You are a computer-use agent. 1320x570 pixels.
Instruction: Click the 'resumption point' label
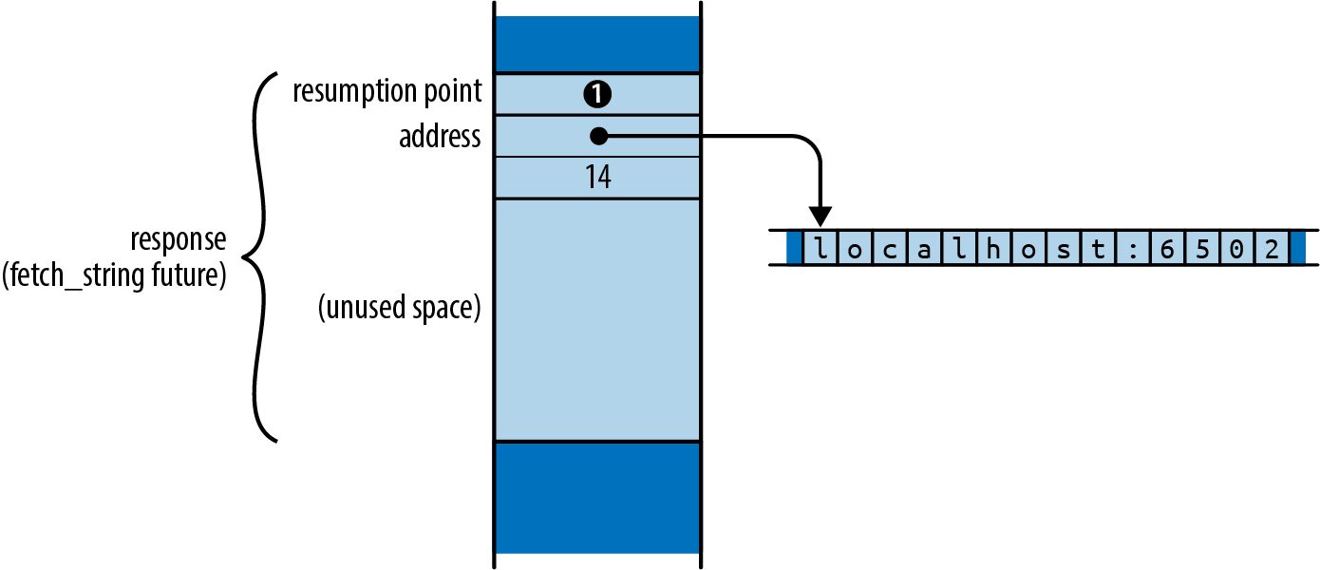point(387,92)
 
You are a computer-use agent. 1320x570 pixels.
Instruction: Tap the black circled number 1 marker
point(597,94)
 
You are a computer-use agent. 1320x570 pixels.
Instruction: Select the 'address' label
point(440,137)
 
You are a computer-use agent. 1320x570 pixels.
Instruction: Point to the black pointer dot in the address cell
point(597,137)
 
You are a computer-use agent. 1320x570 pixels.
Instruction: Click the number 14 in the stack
point(597,178)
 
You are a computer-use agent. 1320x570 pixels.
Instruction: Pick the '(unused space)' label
point(400,308)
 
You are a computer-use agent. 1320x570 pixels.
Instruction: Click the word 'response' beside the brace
point(179,237)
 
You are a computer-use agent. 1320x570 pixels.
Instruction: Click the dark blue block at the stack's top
point(597,44)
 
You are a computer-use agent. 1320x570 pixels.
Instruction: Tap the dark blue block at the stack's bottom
point(597,497)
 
